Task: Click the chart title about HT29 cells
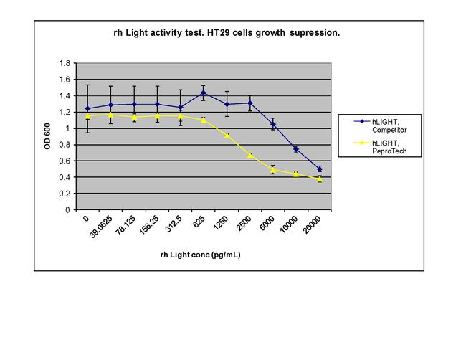click(227, 33)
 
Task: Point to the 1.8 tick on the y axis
click(65, 63)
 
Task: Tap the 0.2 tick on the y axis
click(65, 194)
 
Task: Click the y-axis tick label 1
click(68, 128)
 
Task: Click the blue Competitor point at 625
click(204, 93)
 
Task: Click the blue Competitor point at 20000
click(319, 169)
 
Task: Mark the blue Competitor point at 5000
click(273, 124)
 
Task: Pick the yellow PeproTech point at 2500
click(250, 155)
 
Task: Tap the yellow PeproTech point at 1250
click(227, 135)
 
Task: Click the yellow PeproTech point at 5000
click(273, 170)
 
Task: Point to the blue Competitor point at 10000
click(296, 148)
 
